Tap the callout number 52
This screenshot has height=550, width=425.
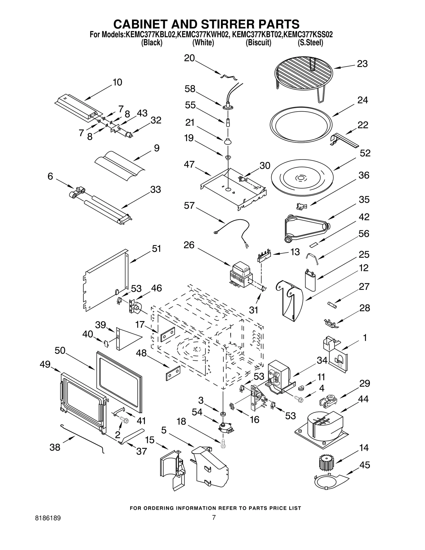click(x=365, y=153)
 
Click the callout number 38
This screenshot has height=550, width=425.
click(x=55, y=447)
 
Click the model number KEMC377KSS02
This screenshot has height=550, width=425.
click(x=308, y=35)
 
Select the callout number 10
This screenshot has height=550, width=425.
click(x=117, y=82)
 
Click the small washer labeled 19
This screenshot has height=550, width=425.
click(x=228, y=158)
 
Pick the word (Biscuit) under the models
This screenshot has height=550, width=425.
click(x=258, y=42)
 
